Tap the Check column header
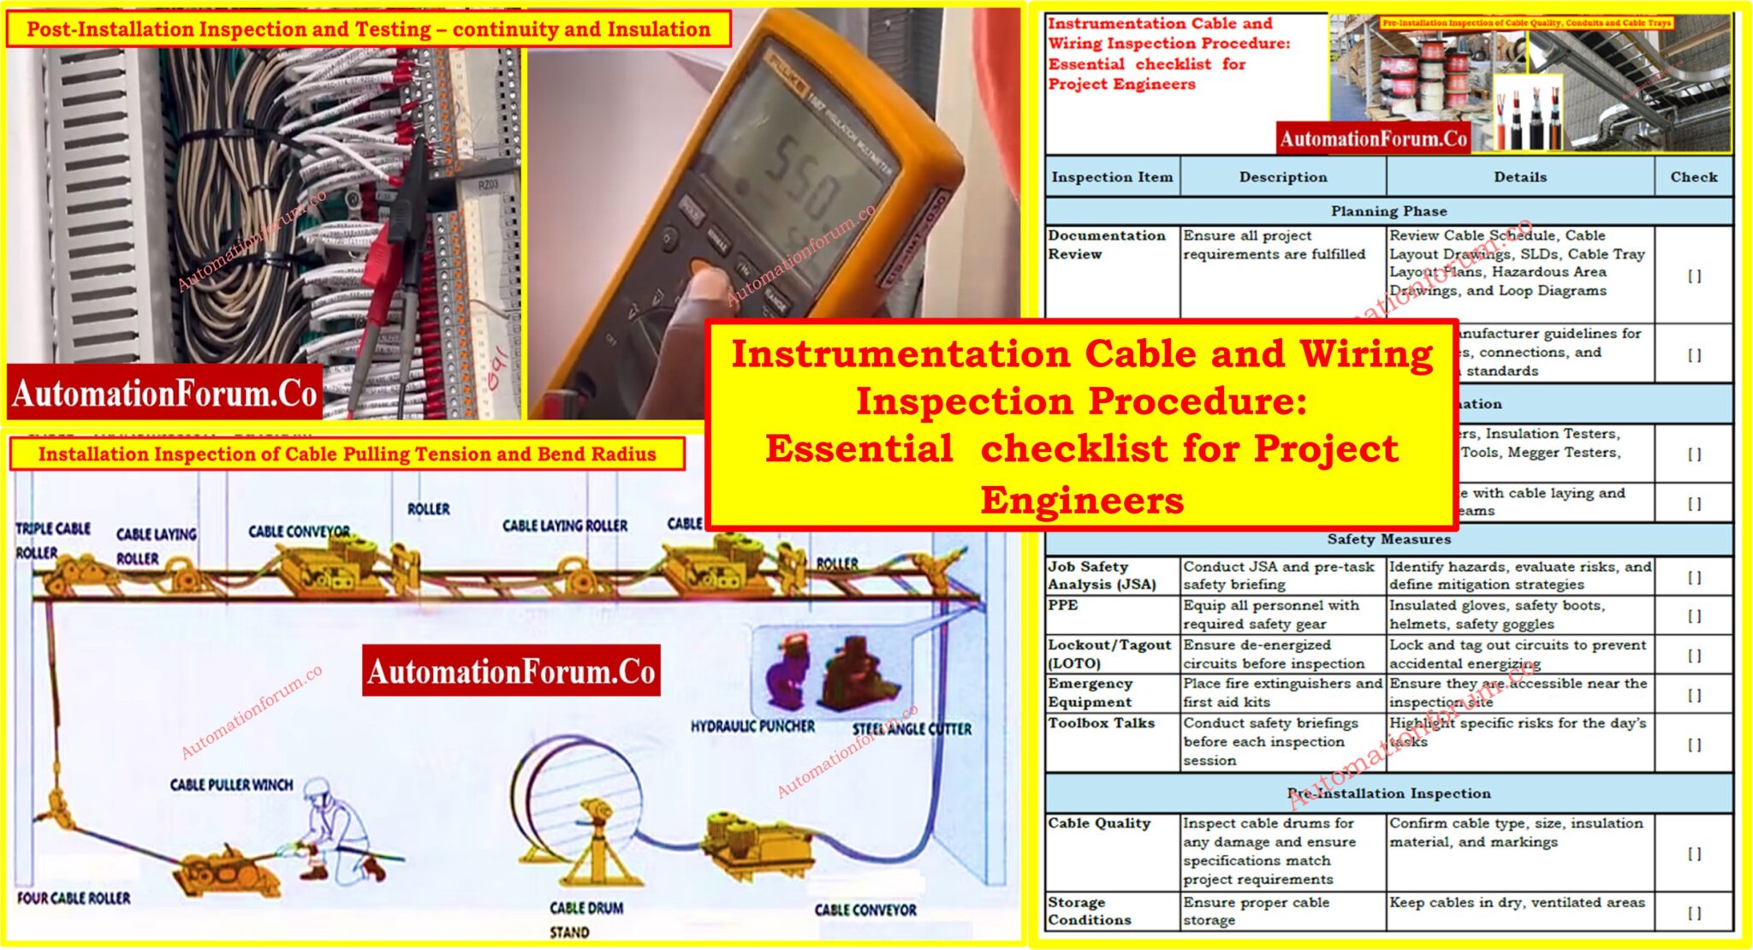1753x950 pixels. [1693, 177]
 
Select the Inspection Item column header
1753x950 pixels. [1111, 177]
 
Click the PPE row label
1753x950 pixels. [1062, 605]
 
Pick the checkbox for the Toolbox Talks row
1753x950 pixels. [1693, 745]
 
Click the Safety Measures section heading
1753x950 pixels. [1388, 539]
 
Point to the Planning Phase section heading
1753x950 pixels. [1388, 211]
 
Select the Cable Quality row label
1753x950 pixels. [1098, 823]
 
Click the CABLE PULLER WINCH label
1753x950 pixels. [231, 785]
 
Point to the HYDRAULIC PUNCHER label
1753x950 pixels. [752, 727]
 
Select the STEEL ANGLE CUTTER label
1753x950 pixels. [911, 729]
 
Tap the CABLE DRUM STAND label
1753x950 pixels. [585, 919]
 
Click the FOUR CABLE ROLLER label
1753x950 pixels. [74, 899]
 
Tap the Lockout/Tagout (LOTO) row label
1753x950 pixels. [1108, 654]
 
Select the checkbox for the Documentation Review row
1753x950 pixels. [1693, 276]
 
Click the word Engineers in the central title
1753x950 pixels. [1081, 501]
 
